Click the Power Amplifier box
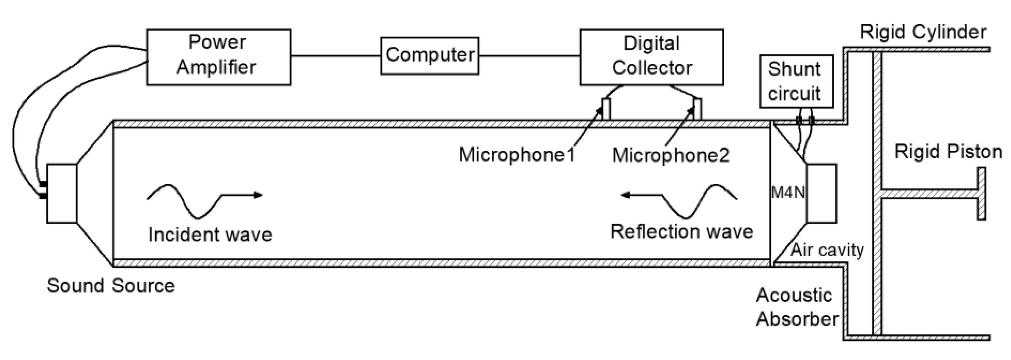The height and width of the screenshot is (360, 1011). coord(219,57)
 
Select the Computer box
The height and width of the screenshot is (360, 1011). coord(429,55)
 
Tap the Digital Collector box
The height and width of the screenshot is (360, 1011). coord(652,57)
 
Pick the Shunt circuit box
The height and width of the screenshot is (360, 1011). coord(796,81)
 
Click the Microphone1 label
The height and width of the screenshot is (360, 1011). coord(517,155)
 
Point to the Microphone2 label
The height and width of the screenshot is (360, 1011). coord(671,155)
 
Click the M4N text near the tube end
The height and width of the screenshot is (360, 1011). coord(788,193)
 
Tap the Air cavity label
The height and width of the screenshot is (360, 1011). coord(827,250)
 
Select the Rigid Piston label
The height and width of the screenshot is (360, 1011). coord(948,152)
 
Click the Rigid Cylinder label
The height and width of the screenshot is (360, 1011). coord(923,32)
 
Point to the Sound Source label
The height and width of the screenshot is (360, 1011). coord(111,286)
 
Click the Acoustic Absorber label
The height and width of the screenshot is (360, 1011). coord(797,307)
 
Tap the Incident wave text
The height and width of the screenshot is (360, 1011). coord(210,235)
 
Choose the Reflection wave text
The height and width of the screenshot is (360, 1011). coord(682,232)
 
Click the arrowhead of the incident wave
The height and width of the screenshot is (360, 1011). coord(258,195)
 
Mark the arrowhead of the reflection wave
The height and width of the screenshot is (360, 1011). coord(626,195)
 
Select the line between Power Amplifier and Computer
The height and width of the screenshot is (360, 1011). coord(336,56)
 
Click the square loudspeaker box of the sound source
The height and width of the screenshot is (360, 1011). coord(62,194)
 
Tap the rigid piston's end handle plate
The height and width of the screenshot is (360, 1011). coord(981,194)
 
